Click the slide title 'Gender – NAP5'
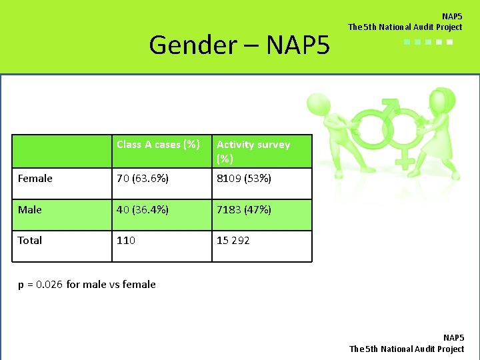pos(239,45)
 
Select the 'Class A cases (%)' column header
pos(158,144)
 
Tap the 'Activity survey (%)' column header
pos(253,151)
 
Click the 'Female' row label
pos(35,179)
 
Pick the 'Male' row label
pos(30,209)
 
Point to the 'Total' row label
pos(30,240)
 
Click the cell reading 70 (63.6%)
pos(141,179)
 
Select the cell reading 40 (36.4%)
pos(141,209)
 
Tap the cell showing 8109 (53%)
pos(243,179)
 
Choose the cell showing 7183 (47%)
pos(243,209)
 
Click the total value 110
pos(126,240)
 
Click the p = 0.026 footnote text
pos(87,284)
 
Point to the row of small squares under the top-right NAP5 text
pos(428,42)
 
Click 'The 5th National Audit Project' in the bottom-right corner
pos(407,349)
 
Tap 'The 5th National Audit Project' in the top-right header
pos(405,27)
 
